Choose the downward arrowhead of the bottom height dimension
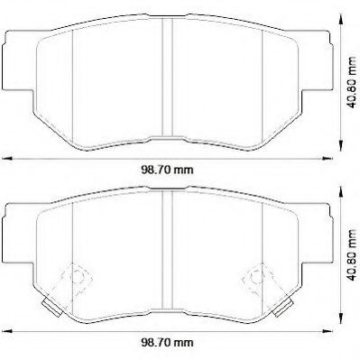coord(340,328)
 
